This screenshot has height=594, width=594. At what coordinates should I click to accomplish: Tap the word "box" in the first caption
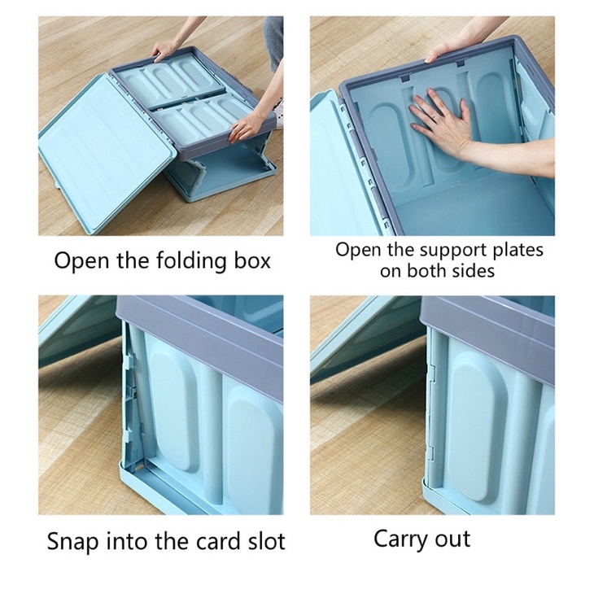click(252, 260)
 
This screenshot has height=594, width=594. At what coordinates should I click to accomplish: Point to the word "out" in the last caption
click(452, 539)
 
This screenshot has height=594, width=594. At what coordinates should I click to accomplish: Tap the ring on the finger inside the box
click(437, 119)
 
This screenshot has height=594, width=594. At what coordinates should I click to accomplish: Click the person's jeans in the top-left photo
click(274, 42)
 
